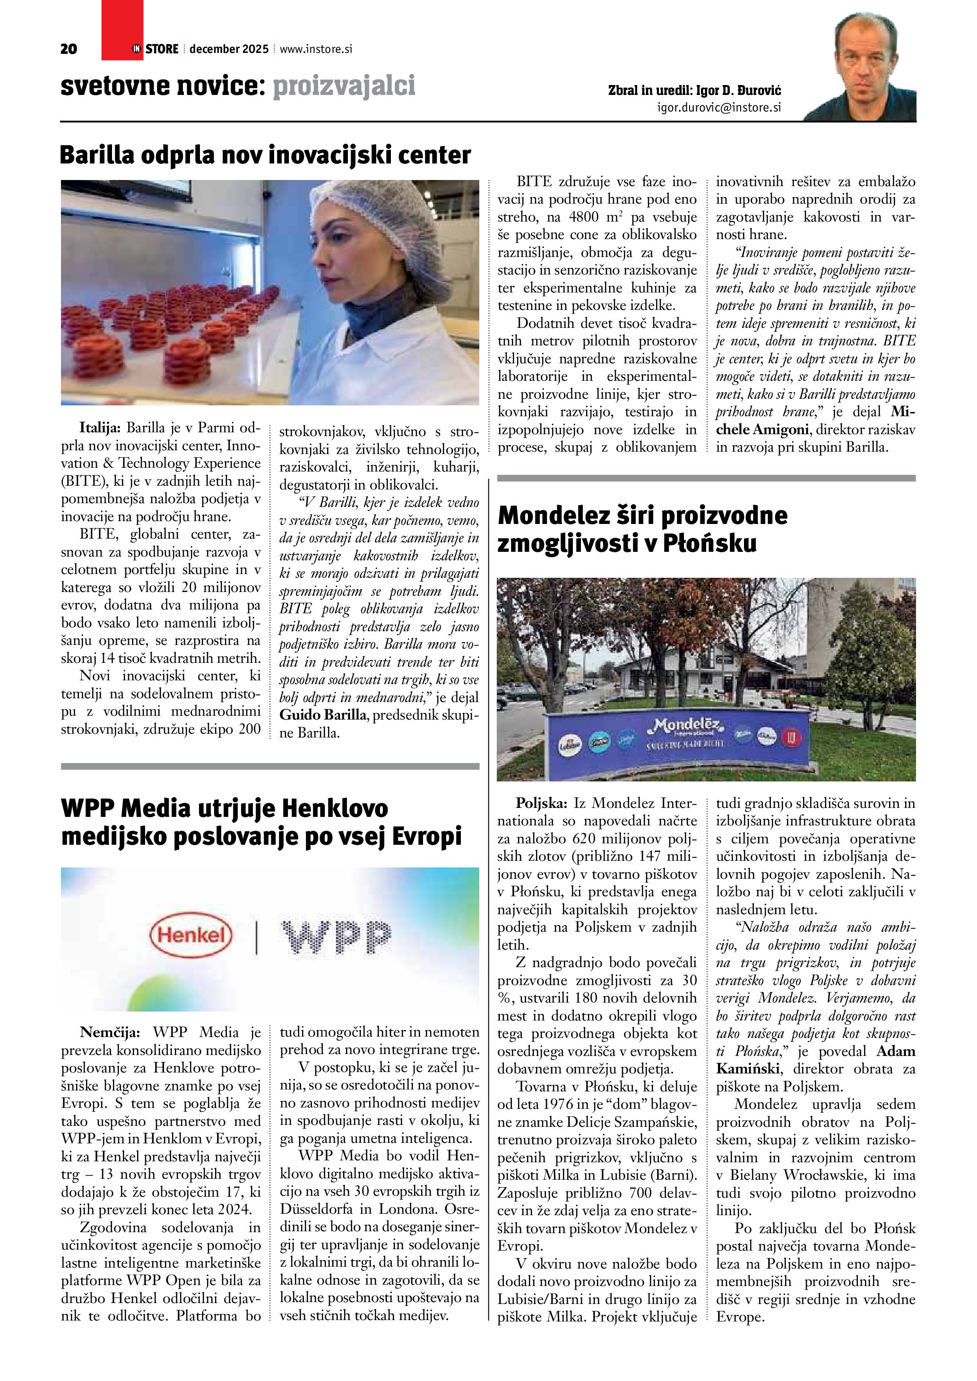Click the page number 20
(x=69, y=49)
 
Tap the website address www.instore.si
(x=315, y=49)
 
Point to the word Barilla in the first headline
(x=98, y=155)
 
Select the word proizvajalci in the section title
(x=344, y=86)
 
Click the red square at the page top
(x=122, y=30)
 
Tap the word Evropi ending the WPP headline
(x=426, y=837)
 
